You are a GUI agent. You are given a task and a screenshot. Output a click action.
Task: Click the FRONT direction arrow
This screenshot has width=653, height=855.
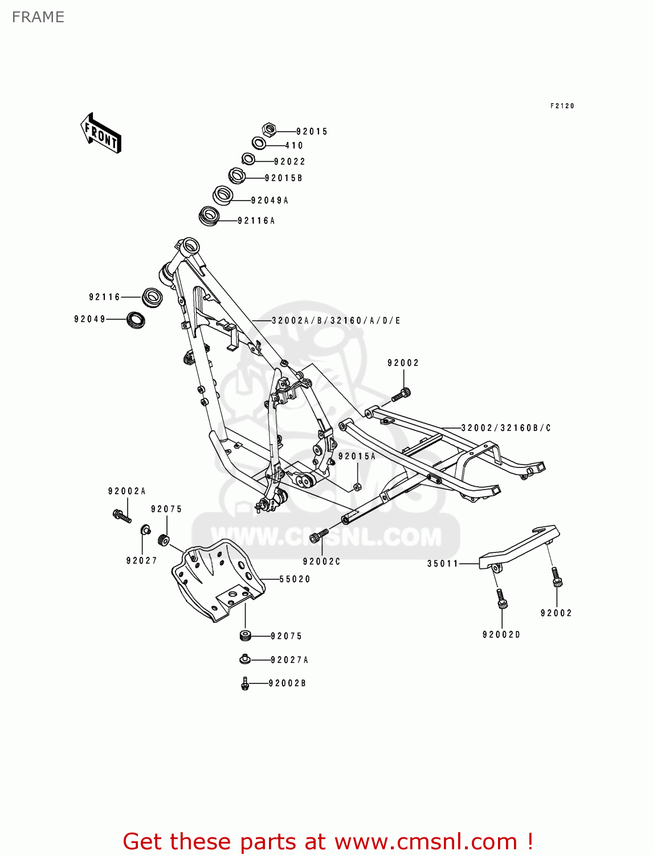(x=101, y=133)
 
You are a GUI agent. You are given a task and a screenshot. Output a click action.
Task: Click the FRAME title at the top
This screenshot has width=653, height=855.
(x=38, y=17)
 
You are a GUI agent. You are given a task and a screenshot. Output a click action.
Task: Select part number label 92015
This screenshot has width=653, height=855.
(x=312, y=132)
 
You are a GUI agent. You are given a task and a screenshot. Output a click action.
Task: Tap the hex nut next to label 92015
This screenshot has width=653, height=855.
(x=270, y=130)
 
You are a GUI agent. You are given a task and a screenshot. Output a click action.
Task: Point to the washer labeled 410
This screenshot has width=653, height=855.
(x=258, y=143)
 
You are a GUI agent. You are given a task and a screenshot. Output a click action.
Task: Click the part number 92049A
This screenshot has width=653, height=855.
(x=270, y=201)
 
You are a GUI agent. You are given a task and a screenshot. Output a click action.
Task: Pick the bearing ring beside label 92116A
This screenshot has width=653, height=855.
(x=209, y=217)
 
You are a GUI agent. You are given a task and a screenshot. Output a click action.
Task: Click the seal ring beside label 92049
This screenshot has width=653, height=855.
(x=135, y=319)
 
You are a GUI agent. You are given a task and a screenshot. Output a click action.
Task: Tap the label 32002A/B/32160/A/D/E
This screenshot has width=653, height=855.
(x=336, y=321)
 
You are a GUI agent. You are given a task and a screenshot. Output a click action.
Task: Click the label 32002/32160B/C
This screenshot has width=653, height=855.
(x=505, y=428)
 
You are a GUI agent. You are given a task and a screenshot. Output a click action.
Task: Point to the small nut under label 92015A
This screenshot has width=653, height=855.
(x=357, y=486)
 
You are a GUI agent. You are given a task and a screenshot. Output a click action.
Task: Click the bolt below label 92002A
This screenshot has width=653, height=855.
(x=121, y=516)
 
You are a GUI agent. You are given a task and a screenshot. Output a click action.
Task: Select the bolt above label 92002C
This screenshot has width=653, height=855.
(x=319, y=535)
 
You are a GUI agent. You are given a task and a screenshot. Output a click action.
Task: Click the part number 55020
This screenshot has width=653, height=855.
(x=295, y=579)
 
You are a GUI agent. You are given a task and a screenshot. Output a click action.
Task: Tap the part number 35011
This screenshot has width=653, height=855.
(x=443, y=564)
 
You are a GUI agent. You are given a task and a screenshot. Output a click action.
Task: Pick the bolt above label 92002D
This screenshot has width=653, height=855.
(x=501, y=599)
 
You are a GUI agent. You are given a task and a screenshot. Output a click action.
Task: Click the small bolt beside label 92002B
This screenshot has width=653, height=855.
(x=245, y=683)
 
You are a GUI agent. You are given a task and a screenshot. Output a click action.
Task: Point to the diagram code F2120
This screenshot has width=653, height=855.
(x=562, y=106)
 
